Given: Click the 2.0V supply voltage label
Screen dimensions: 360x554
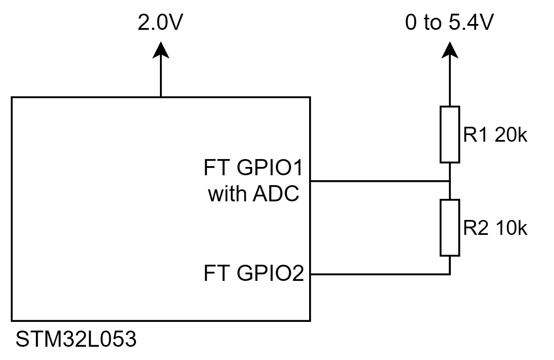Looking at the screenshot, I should coord(160,24).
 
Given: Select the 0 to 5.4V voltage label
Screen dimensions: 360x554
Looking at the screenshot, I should coord(449,24).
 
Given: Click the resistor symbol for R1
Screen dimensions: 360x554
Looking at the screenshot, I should coord(450,134).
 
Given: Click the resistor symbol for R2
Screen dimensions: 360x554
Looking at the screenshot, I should coord(450,227).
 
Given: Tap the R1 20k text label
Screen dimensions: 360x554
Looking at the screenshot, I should coord(495,135).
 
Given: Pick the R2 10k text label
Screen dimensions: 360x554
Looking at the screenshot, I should coord(495,228).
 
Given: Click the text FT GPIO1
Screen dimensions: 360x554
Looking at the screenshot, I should coord(254,169).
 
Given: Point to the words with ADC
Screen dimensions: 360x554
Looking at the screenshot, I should coord(254,194).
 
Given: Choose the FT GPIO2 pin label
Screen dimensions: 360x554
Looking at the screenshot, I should coord(254,274).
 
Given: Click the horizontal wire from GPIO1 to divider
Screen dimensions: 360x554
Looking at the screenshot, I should coord(379,181).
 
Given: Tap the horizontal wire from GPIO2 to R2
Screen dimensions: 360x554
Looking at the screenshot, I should coord(379,274).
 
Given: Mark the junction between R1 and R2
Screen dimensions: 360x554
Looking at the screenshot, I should coord(450,181).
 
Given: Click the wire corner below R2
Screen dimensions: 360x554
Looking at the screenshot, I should coord(450,274).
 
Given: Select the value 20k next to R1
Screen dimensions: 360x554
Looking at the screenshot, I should coord(510,135).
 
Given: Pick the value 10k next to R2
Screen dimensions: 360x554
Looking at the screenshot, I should coord(510,228).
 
